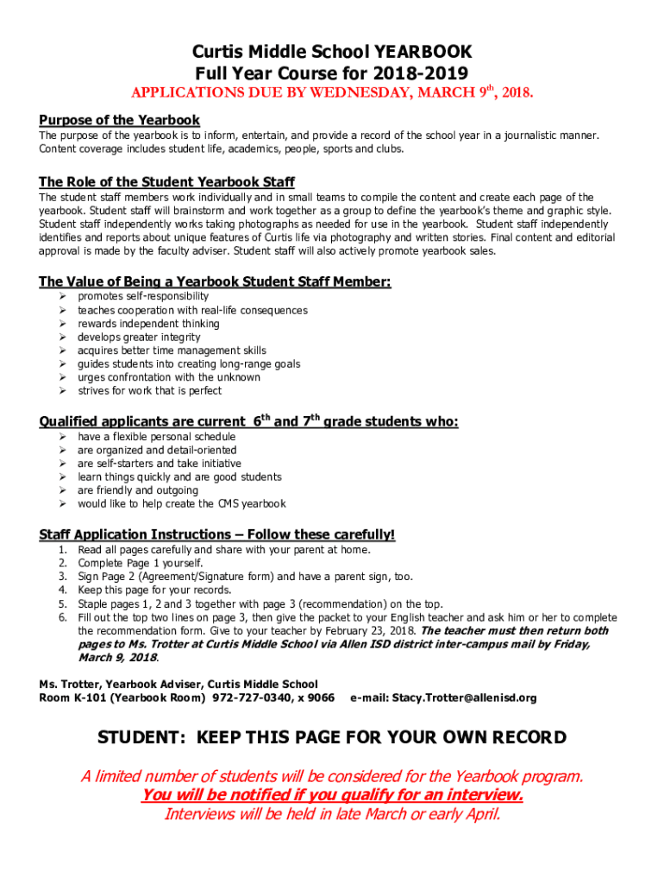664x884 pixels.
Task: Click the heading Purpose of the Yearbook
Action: [119, 120]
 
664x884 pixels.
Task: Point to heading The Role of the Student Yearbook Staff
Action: [166, 182]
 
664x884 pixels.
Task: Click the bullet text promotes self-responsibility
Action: [143, 297]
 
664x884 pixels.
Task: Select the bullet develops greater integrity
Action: [139, 338]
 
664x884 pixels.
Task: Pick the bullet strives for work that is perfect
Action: [149, 391]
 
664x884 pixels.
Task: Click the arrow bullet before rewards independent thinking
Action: [63, 324]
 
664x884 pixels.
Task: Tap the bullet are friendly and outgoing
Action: [138, 490]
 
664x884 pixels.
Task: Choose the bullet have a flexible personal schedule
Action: [156, 437]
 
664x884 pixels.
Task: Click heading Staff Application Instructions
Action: [216, 534]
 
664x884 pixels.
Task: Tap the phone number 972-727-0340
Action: [256, 698]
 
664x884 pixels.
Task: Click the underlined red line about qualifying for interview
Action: [332, 795]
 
